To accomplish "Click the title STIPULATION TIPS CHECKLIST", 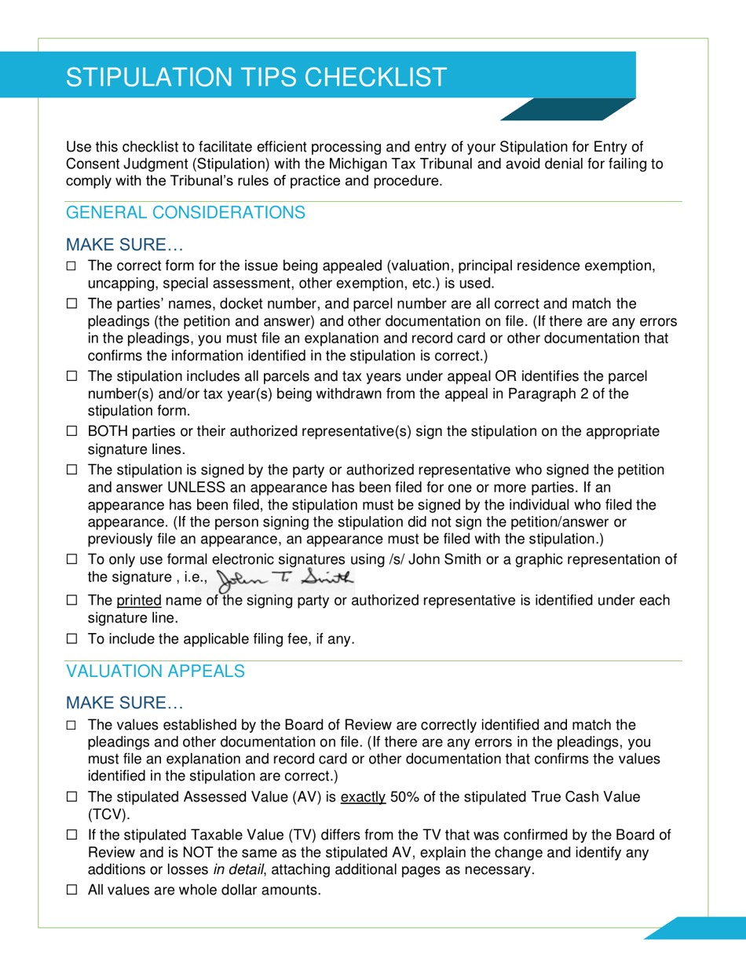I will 257,77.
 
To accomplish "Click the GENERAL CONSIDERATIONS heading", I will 185,213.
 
